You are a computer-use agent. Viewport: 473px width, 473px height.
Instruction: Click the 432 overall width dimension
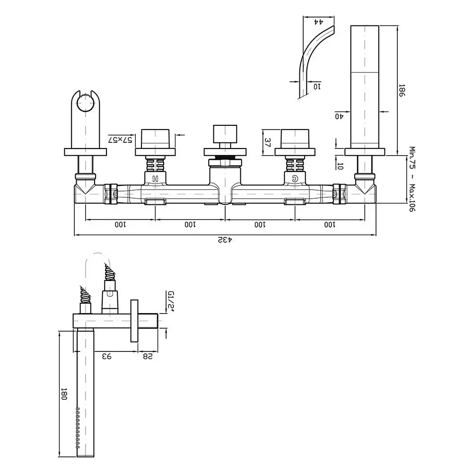click(225, 240)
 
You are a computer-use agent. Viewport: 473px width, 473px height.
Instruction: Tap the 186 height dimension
click(402, 90)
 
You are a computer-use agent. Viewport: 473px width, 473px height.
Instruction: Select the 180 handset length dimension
click(63, 394)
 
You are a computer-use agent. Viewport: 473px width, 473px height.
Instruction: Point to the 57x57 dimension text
click(120, 140)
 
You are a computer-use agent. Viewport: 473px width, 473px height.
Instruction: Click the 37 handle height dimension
click(268, 142)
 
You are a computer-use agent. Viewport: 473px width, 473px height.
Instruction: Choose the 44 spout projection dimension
click(318, 22)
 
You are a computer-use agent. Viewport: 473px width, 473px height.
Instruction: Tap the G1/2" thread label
click(171, 301)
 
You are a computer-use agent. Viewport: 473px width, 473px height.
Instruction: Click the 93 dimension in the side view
click(107, 356)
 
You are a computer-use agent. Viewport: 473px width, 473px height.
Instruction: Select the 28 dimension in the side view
click(148, 356)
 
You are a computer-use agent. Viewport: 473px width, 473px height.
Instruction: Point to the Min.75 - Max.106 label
click(412, 179)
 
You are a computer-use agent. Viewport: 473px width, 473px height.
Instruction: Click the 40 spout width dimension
click(339, 116)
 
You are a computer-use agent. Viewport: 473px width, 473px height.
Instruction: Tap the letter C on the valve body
click(294, 179)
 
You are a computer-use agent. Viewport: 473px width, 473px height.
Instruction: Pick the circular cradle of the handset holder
click(85, 103)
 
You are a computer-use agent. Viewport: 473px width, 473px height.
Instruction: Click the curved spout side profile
click(314, 61)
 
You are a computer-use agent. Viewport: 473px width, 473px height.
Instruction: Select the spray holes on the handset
click(78, 428)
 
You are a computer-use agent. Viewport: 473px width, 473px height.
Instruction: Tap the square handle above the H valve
click(155, 139)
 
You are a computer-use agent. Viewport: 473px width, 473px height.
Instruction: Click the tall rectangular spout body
click(365, 87)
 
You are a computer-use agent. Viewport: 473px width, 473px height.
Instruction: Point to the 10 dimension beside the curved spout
click(317, 87)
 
